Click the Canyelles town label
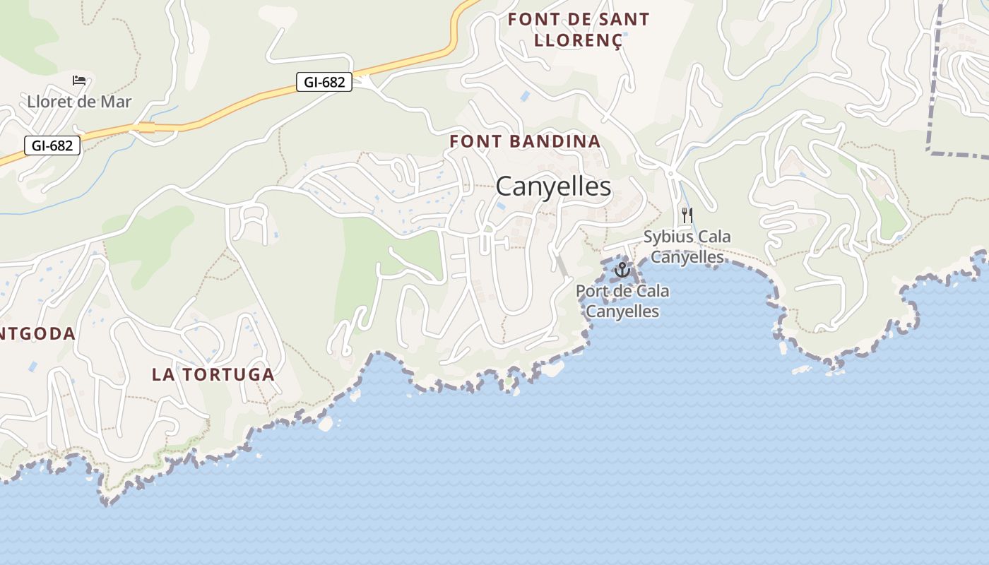pyautogui.click(x=553, y=186)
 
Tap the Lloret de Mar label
pyautogui.click(x=79, y=102)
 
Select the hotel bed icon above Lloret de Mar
pyautogui.click(x=79, y=81)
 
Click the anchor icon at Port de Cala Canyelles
pyautogui.click(x=622, y=269)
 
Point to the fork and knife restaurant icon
pyautogui.click(x=687, y=215)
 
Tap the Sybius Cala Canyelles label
pyautogui.click(x=687, y=246)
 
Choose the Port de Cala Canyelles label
pyautogui.click(x=622, y=301)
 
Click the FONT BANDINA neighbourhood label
pyautogui.click(x=525, y=141)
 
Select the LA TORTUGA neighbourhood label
pyautogui.click(x=213, y=375)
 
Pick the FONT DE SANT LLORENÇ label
pyautogui.click(x=579, y=30)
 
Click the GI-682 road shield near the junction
pyautogui.click(x=324, y=83)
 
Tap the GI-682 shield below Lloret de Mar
pyautogui.click(x=52, y=146)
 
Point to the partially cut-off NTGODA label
pyautogui.click(x=37, y=333)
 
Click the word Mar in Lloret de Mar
pyautogui.click(x=116, y=102)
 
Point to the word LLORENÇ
pyautogui.click(x=579, y=40)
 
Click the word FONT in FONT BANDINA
pyautogui.click(x=472, y=141)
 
